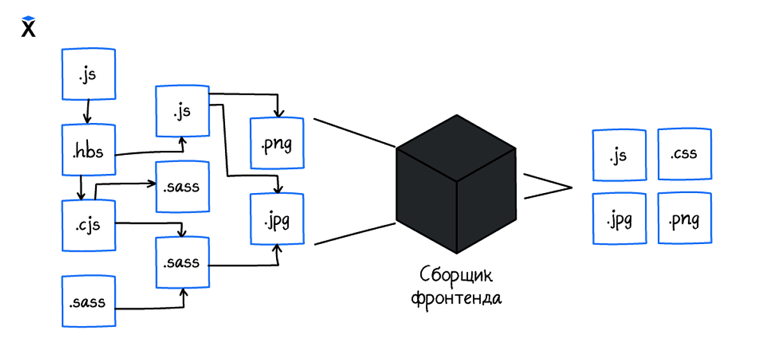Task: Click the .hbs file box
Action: coord(89,150)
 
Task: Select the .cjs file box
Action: coord(89,226)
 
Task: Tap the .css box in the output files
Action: coord(685,154)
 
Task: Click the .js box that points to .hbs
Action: coord(89,74)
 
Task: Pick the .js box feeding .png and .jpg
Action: coord(182,111)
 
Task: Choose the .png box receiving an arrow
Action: coord(277,143)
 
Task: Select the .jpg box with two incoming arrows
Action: coord(277,219)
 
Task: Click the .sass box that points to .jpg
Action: coord(182,263)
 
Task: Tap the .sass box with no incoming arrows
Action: coord(89,301)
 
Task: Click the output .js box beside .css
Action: coord(620,155)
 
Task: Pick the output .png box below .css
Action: coord(685,219)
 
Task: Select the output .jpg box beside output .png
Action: coord(620,219)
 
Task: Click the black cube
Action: coord(456,184)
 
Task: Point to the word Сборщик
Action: coord(456,275)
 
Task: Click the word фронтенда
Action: coord(456,299)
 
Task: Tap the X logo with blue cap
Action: coord(28,26)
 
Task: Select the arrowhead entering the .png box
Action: coord(279,113)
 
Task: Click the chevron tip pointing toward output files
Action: coord(572,187)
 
